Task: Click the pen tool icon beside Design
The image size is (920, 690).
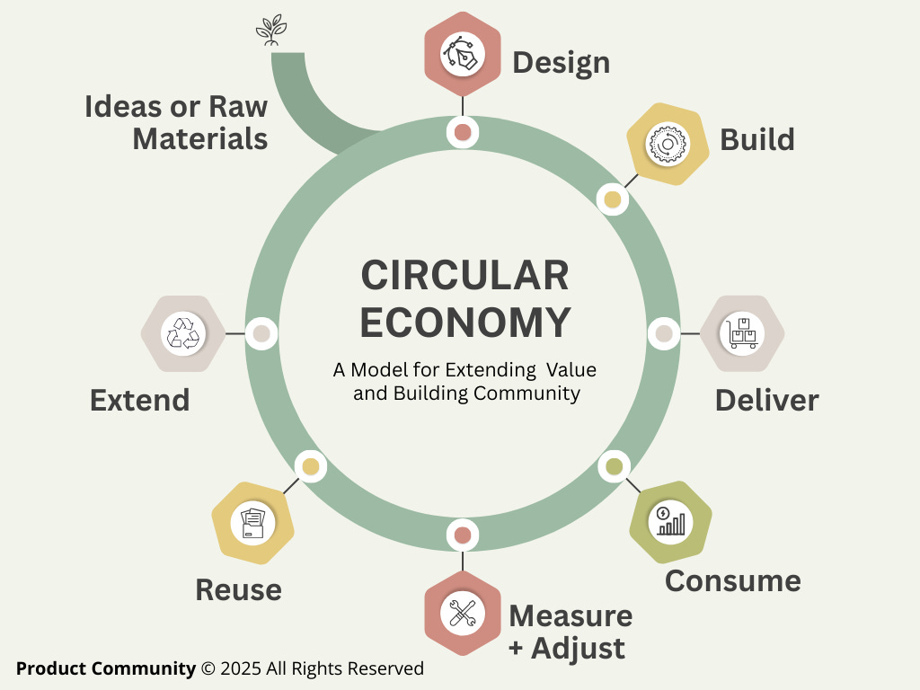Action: click(x=462, y=54)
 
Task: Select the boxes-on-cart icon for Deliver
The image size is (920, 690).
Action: click(x=742, y=333)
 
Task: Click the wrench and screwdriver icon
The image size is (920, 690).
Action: click(x=462, y=615)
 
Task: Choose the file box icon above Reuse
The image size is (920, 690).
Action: click(x=253, y=522)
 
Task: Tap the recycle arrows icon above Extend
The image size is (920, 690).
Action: click(x=183, y=333)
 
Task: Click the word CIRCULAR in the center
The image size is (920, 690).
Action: click(x=464, y=275)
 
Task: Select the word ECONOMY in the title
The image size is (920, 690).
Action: click(x=464, y=323)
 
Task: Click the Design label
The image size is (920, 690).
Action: click(x=561, y=63)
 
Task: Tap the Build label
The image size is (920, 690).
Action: click(x=757, y=140)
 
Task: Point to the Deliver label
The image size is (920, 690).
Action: click(x=766, y=400)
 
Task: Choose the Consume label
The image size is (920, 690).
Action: click(x=732, y=580)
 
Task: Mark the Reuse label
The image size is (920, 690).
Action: click(x=239, y=590)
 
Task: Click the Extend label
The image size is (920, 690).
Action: click(x=140, y=400)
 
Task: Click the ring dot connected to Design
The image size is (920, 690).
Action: click(x=463, y=132)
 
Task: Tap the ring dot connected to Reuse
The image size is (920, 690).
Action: click(x=311, y=466)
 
